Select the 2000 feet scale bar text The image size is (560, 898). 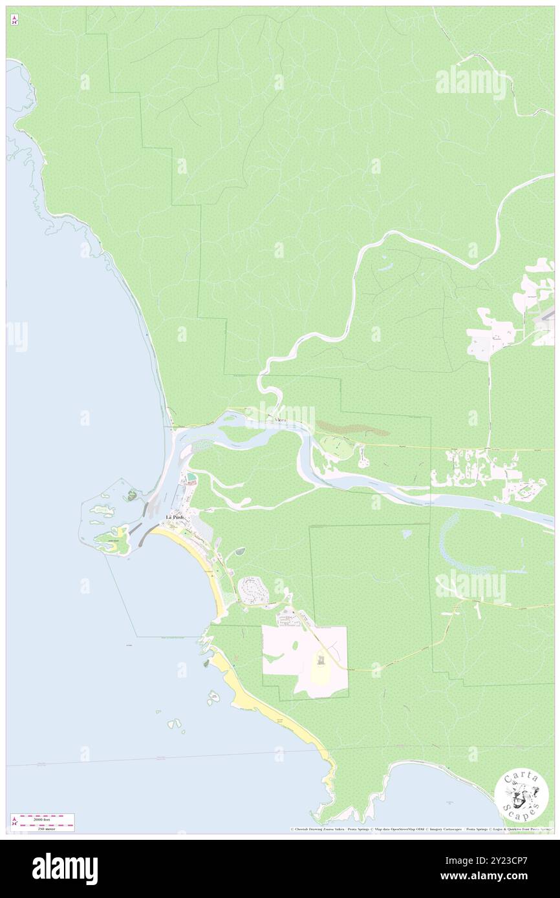(43, 817)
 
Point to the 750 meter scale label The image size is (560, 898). (43, 828)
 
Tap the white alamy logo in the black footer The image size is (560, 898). (65, 868)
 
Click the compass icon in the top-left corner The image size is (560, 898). (14, 19)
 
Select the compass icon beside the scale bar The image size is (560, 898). (14, 821)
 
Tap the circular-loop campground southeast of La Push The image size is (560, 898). (251, 589)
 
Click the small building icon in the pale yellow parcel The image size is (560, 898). (320, 659)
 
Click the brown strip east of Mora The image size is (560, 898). (352, 428)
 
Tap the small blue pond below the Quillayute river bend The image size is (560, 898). (405, 534)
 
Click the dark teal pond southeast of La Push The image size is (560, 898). (241, 551)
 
